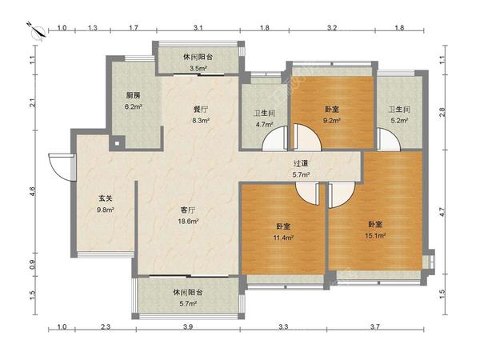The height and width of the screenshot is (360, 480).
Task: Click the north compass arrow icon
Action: pos(38,31)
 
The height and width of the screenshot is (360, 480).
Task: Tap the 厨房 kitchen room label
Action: pos(134,95)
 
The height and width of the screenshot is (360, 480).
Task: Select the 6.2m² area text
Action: pos(133,107)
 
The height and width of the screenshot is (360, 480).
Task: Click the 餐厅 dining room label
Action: pos(201,110)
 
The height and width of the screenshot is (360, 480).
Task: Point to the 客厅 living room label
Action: pos(188,210)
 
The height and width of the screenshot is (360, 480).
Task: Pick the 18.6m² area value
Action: pos(188,221)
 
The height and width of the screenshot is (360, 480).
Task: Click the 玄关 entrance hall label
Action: pos(106,198)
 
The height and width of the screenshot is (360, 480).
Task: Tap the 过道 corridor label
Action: pos(301,164)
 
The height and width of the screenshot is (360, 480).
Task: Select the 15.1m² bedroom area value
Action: pos(375,236)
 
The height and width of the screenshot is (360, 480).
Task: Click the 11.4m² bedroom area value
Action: pos(283,238)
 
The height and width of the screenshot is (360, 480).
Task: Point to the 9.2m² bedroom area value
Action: pos(332,121)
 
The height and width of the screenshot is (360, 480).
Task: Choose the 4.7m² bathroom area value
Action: pos(265,125)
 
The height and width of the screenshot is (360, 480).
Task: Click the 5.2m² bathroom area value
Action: pos(399,121)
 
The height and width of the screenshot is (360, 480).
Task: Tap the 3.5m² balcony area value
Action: pos(198,68)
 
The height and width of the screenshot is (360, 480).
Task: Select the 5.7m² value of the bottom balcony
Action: pos(188,304)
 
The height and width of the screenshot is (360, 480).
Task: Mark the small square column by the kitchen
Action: pos(117,143)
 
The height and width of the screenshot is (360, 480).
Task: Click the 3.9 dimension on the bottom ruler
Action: pos(188,327)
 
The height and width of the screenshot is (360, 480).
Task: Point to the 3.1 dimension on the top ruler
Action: pos(198,28)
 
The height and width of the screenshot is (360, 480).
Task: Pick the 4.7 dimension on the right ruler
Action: pos(442,212)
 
